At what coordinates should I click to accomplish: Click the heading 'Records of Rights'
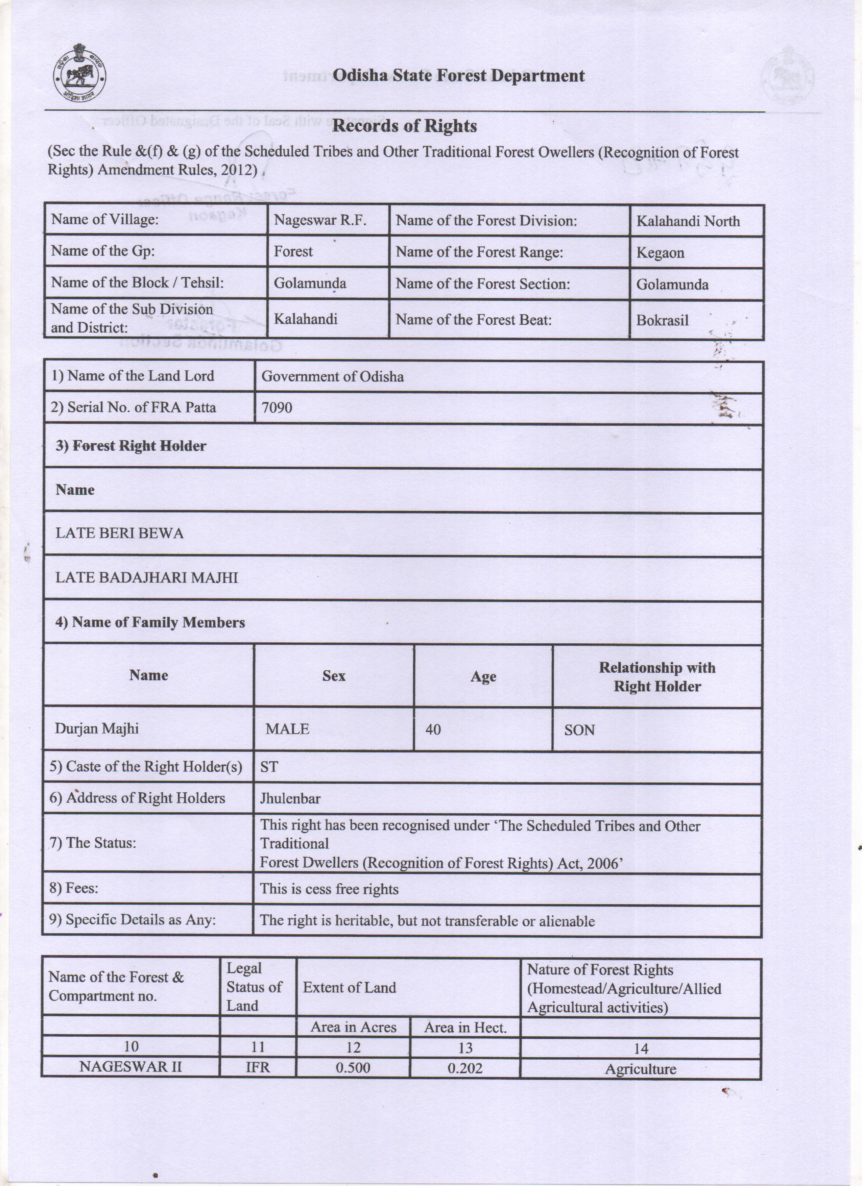click(x=404, y=126)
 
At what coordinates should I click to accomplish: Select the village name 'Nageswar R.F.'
click(x=319, y=220)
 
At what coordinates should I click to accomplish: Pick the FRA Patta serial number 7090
click(x=277, y=407)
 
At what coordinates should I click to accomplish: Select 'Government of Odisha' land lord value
click(x=332, y=376)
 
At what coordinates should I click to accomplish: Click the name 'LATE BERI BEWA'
click(x=119, y=534)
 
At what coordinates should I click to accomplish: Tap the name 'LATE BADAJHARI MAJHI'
click(x=146, y=578)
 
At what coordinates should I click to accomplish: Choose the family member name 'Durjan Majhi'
click(x=97, y=728)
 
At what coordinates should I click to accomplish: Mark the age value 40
click(x=433, y=730)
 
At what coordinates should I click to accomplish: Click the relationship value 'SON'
click(x=579, y=730)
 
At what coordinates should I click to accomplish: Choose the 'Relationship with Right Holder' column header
click(x=656, y=677)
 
